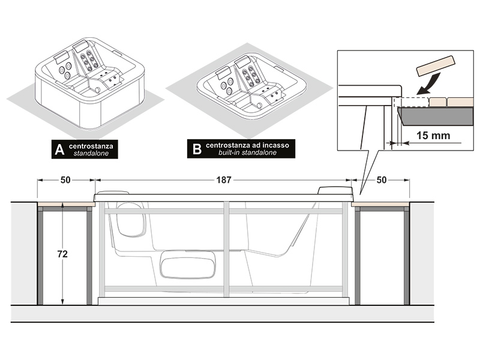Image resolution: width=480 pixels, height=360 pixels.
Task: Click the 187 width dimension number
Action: pos(224,179)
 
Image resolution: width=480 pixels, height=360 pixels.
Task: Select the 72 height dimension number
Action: pos(62,254)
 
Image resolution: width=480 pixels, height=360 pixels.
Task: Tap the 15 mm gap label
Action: pos(433,136)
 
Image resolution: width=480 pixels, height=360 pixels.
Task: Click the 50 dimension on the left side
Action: pos(65,179)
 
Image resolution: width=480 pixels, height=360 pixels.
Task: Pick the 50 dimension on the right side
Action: pos(382,179)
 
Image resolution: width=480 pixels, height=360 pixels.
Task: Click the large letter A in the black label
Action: pos(59,149)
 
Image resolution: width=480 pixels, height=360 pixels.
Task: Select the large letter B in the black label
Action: pos(197,149)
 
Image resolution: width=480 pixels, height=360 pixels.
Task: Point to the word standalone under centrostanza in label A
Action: pos(91,154)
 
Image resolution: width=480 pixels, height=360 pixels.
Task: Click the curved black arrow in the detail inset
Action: pos(429,83)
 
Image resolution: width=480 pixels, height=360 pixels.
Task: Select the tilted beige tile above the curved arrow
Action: pos(436,65)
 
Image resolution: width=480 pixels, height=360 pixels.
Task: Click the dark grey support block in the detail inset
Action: pos(435,116)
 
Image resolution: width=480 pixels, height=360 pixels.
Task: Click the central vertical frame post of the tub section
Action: pos(226,249)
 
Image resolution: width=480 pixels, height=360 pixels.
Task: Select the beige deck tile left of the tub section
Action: pos(66,204)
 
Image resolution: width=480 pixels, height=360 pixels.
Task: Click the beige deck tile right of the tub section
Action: pos(380,204)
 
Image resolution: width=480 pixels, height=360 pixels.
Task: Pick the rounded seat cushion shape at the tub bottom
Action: pos(188,265)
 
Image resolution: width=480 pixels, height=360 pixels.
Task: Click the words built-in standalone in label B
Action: pos(247,152)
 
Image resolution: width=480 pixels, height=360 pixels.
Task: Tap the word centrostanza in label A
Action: pos(91,146)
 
